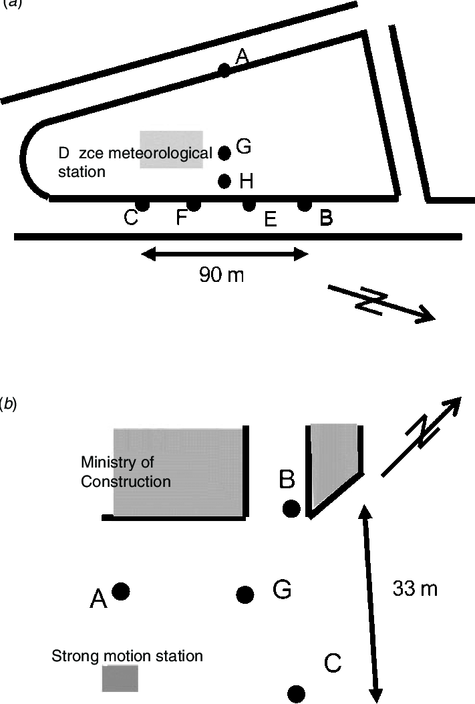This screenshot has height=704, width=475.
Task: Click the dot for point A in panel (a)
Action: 224,70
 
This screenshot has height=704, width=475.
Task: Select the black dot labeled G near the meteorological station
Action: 224,153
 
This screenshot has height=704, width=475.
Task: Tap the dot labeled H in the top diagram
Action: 224,180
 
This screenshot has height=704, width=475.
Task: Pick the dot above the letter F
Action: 193,204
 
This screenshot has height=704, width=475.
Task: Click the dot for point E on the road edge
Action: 249,204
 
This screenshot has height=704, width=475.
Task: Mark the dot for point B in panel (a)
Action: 304,204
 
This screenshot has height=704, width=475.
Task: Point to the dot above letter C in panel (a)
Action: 142,204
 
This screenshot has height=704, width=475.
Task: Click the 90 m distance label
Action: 221,275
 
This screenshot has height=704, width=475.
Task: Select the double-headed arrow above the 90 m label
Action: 224,253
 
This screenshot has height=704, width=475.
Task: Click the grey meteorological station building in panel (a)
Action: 171,149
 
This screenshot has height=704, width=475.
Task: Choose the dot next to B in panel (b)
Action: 291,509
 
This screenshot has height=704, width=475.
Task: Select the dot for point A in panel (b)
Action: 121,590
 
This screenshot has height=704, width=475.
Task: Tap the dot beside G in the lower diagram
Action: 245,594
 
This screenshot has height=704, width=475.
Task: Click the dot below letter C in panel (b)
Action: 296,693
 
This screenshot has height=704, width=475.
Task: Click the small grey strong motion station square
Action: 120,678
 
